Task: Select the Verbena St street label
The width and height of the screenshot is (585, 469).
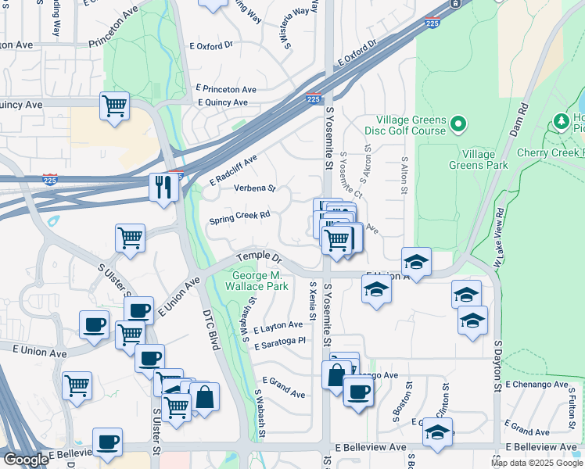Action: pyautogui.click(x=255, y=188)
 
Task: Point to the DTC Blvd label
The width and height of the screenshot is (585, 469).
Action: pyautogui.click(x=210, y=328)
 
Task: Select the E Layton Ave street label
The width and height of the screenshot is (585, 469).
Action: pyautogui.click(x=277, y=325)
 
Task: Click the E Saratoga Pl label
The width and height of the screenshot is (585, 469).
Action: pyautogui.click(x=279, y=341)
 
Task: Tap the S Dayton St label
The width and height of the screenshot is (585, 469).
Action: pyautogui.click(x=497, y=366)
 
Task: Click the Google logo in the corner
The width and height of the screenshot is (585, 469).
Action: pyautogui.click(x=25, y=460)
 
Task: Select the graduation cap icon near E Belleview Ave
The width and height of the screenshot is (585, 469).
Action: pyautogui.click(x=437, y=431)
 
